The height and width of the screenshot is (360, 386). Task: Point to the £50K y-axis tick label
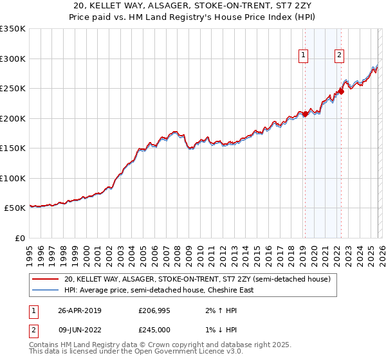tap(15, 208)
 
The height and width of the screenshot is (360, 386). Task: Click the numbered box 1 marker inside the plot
tap(302, 56)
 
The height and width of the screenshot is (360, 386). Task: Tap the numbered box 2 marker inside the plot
tap(338, 56)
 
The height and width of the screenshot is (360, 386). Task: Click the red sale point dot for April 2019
tap(306, 114)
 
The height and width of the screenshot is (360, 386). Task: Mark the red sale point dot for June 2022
tap(342, 91)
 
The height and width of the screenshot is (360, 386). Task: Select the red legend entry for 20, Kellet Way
tap(197, 279)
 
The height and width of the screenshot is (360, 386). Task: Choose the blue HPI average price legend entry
tap(159, 290)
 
